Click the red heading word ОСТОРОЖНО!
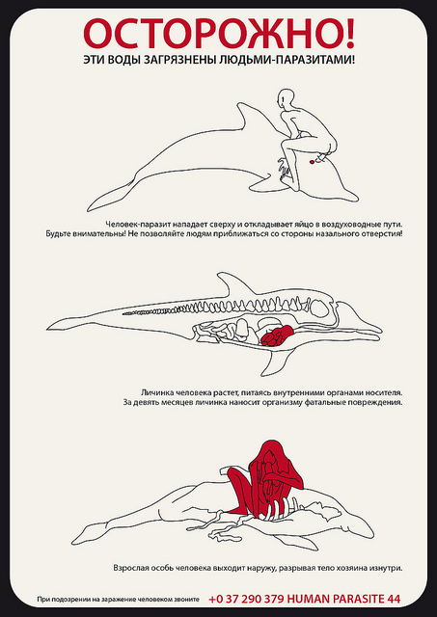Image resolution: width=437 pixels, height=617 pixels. click(x=219, y=34)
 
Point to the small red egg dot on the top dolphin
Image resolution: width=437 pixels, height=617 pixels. click(x=312, y=162)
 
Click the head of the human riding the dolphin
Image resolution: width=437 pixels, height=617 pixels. click(x=287, y=98)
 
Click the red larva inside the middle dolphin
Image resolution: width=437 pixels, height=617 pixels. click(x=278, y=335)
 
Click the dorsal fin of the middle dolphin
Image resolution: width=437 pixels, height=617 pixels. click(x=232, y=284)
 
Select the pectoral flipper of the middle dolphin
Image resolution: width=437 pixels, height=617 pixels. click(x=272, y=362)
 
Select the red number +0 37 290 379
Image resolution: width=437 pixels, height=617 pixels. click(x=246, y=599)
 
